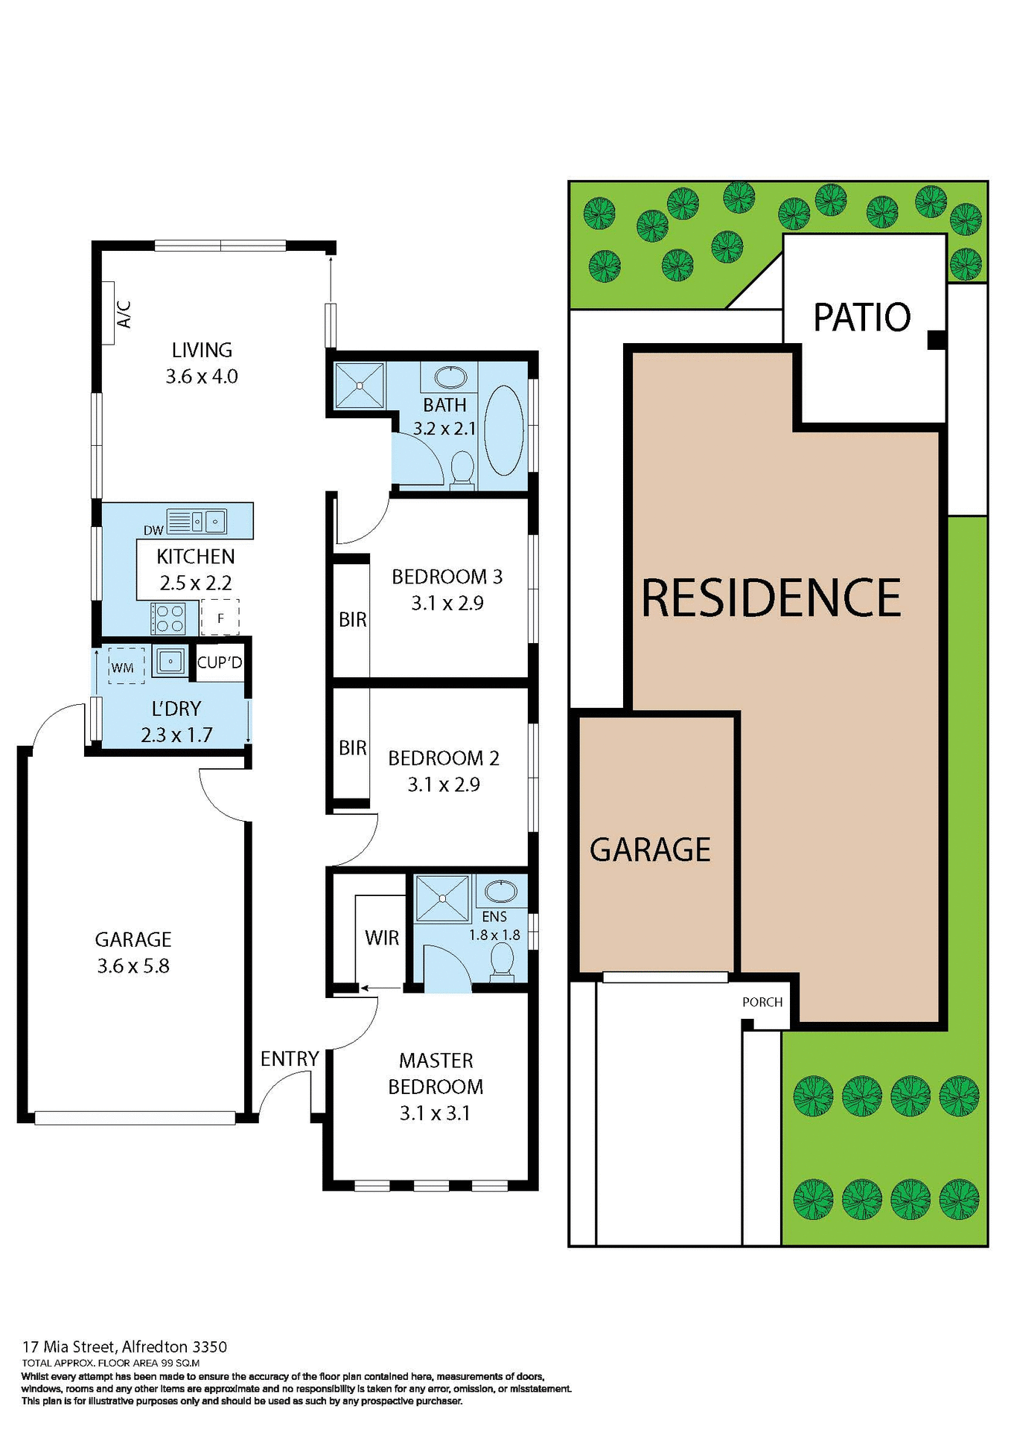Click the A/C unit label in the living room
tap(124, 313)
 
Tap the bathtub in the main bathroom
tap(504, 430)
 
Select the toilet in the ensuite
tap(503, 961)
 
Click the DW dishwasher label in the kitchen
tap(153, 531)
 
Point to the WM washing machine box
tap(123, 667)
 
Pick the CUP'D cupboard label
tap(220, 662)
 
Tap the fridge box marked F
tap(220, 618)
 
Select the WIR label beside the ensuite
tap(382, 938)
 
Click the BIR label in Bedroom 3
tap(352, 619)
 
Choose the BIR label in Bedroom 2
tap(352, 747)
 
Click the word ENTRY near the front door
tap(290, 1058)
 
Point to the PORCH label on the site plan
tap(762, 1002)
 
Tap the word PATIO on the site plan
tap(862, 318)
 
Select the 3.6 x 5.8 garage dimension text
tap(133, 966)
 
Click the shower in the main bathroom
tap(360, 386)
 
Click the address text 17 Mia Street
tap(70, 1346)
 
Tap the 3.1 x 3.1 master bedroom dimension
tap(435, 1113)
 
